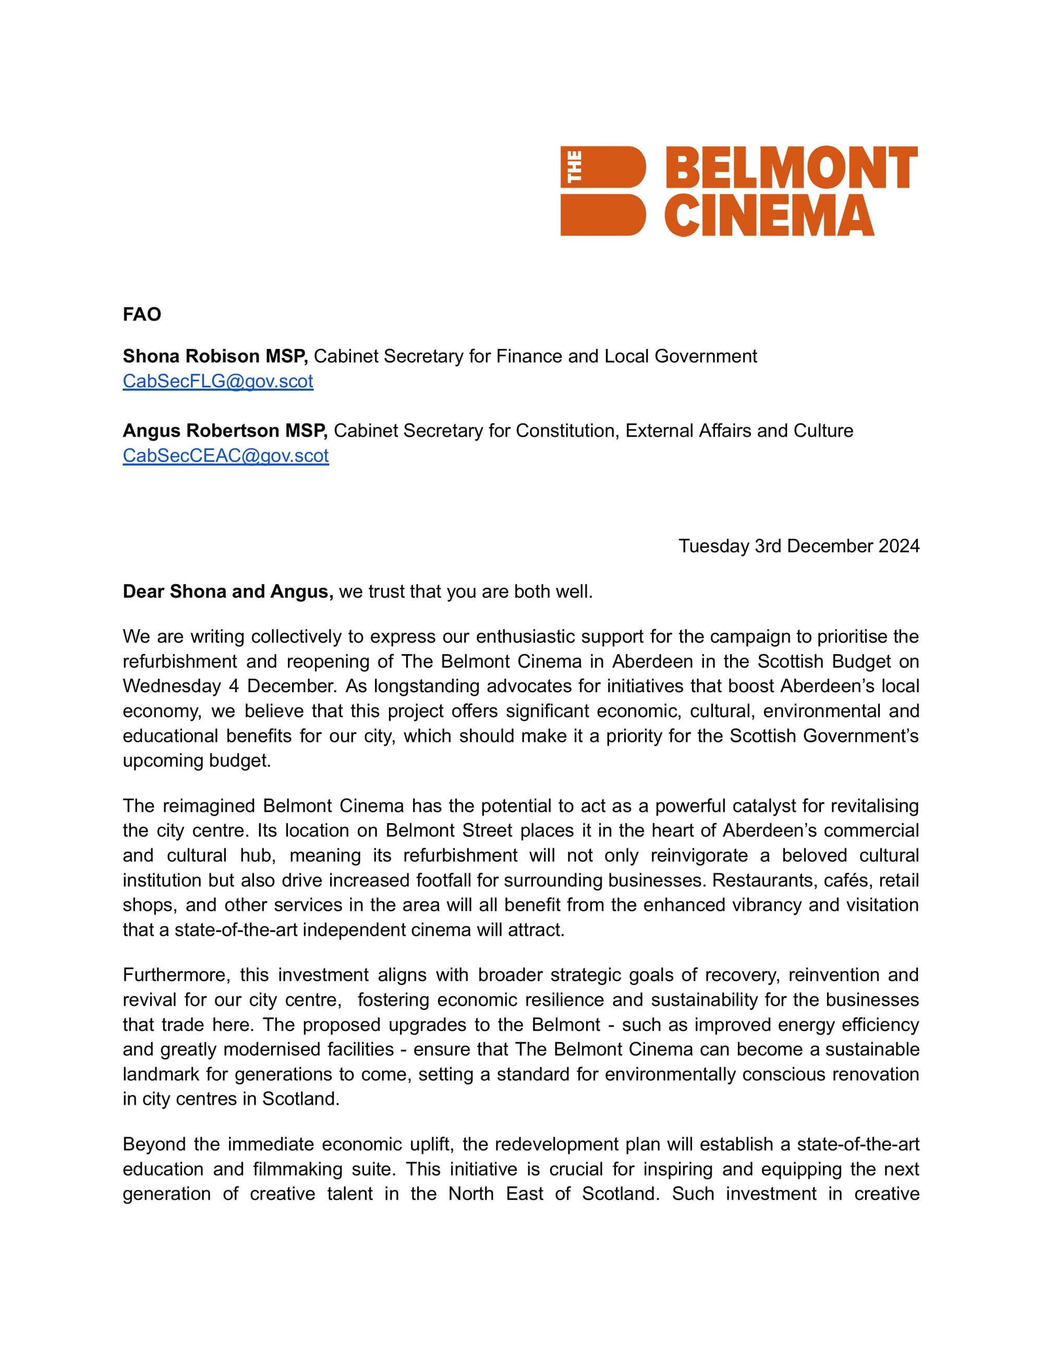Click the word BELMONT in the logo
click(791, 167)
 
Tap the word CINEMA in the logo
click(769, 216)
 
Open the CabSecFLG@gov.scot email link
click(217, 381)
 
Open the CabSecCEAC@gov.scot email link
click(225, 455)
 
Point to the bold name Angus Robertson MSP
click(225, 431)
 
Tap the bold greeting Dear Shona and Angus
click(228, 592)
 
